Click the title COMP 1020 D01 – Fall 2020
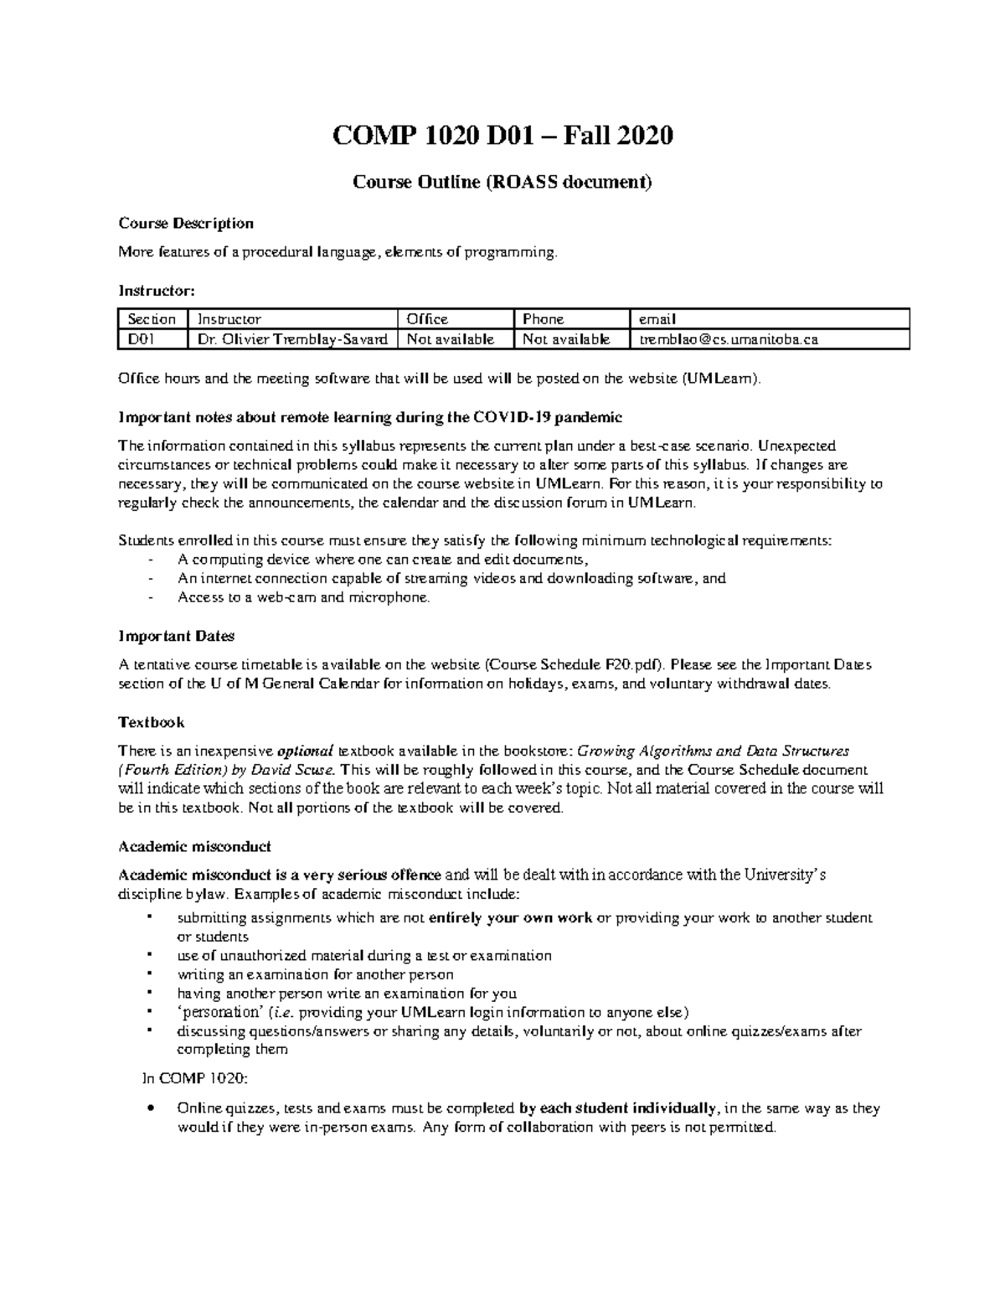tap(502, 135)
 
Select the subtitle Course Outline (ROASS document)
tap(502, 182)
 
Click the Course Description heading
tap(186, 223)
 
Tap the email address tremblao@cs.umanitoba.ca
tap(728, 339)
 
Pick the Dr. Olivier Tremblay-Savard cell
tap(292, 339)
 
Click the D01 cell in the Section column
tap(141, 339)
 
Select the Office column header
tap(427, 319)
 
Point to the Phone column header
tap(544, 319)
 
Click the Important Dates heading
tap(176, 636)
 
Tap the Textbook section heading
tap(152, 722)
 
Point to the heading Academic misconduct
tap(194, 846)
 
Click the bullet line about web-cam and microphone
tap(304, 597)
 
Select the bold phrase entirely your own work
tap(510, 917)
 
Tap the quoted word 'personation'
tap(216, 1012)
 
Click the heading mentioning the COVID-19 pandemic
tap(370, 417)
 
